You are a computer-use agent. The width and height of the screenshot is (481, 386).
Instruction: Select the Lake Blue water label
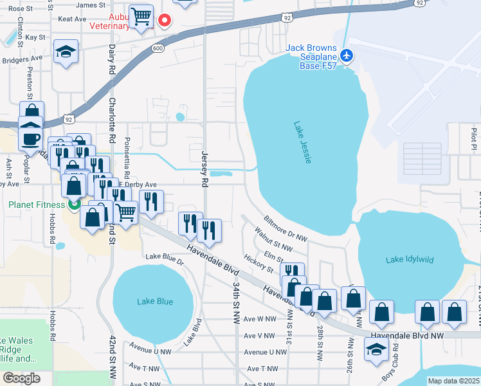coord(155,301)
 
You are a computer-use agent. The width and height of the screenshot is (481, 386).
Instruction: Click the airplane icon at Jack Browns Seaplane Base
coord(347,55)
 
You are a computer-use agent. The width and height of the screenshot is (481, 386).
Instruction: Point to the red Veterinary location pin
coord(165,21)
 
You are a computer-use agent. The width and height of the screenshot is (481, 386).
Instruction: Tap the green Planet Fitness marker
coord(73,205)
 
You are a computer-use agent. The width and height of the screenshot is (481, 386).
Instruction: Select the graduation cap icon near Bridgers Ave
coord(65,53)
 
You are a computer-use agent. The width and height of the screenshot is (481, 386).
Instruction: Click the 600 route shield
coord(158,48)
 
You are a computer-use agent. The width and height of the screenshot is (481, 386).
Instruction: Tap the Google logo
coord(21,378)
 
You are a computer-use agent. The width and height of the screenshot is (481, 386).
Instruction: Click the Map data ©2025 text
coord(453,381)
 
